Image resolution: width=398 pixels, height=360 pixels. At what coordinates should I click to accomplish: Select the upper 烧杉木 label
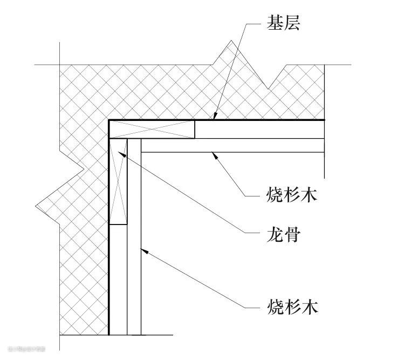[x=292, y=193]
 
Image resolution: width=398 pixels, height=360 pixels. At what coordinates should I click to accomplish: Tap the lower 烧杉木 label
[x=292, y=307]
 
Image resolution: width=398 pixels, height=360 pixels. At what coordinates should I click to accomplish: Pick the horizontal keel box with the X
[x=152, y=130]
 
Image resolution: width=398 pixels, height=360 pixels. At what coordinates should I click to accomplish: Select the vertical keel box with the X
[x=119, y=181]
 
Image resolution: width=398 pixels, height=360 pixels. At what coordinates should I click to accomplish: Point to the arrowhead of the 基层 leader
[x=214, y=117]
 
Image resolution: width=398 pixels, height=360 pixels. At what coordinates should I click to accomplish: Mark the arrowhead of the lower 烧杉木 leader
[x=142, y=249]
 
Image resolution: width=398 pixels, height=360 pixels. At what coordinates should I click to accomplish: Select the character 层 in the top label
[x=292, y=23]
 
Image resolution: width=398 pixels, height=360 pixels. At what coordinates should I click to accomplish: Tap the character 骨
[x=292, y=235]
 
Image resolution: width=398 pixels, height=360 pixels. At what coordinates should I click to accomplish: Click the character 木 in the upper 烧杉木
[x=310, y=193]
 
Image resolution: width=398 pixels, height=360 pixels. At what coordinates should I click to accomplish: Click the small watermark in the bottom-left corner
[x=25, y=349]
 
